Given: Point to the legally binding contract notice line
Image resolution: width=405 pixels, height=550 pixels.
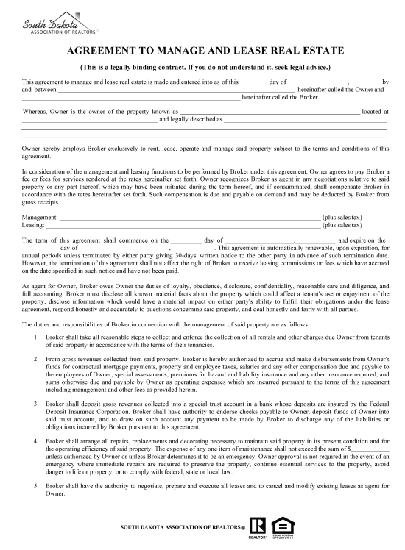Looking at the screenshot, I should click(204, 66).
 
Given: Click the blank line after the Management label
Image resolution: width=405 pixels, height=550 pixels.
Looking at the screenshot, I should click(190, 218).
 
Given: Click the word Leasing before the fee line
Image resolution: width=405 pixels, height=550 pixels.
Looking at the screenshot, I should click(34, 226).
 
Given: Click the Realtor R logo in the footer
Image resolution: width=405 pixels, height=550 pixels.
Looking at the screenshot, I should click(257, 526).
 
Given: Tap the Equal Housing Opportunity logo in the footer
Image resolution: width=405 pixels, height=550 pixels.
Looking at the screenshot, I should click(280, 526).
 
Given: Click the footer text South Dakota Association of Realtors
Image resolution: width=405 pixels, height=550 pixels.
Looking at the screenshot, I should click(183, 528).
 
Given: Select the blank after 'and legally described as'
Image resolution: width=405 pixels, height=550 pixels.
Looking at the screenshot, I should click(305, 119).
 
